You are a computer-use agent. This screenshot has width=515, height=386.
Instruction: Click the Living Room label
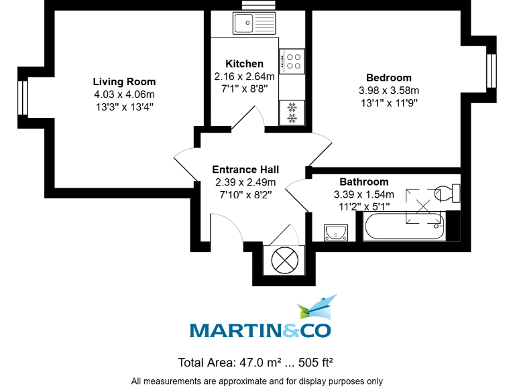click(124, 82)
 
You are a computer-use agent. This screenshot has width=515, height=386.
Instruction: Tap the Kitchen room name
click(244, 64)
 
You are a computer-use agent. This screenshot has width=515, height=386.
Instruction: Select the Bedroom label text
click(389, 78)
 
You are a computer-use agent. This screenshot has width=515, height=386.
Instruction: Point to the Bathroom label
click(363, 182)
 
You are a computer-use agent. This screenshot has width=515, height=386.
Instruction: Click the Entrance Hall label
click(245, 170)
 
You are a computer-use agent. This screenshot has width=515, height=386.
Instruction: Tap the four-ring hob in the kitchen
click(293, 61)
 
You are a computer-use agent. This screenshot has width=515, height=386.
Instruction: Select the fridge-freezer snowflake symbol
click(292, 113)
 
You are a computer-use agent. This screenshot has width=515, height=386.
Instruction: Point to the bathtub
click(404, 227)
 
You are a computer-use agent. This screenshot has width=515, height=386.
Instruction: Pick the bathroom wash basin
click(334, 232)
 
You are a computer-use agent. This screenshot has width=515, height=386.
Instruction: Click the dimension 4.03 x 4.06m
click(124, 94)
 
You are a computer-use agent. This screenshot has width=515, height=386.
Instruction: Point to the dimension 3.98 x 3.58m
click(389, 90)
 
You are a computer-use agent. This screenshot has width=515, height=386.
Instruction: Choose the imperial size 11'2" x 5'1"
click(363, 206)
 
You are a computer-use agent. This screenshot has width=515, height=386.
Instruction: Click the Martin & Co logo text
click(260, 330)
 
